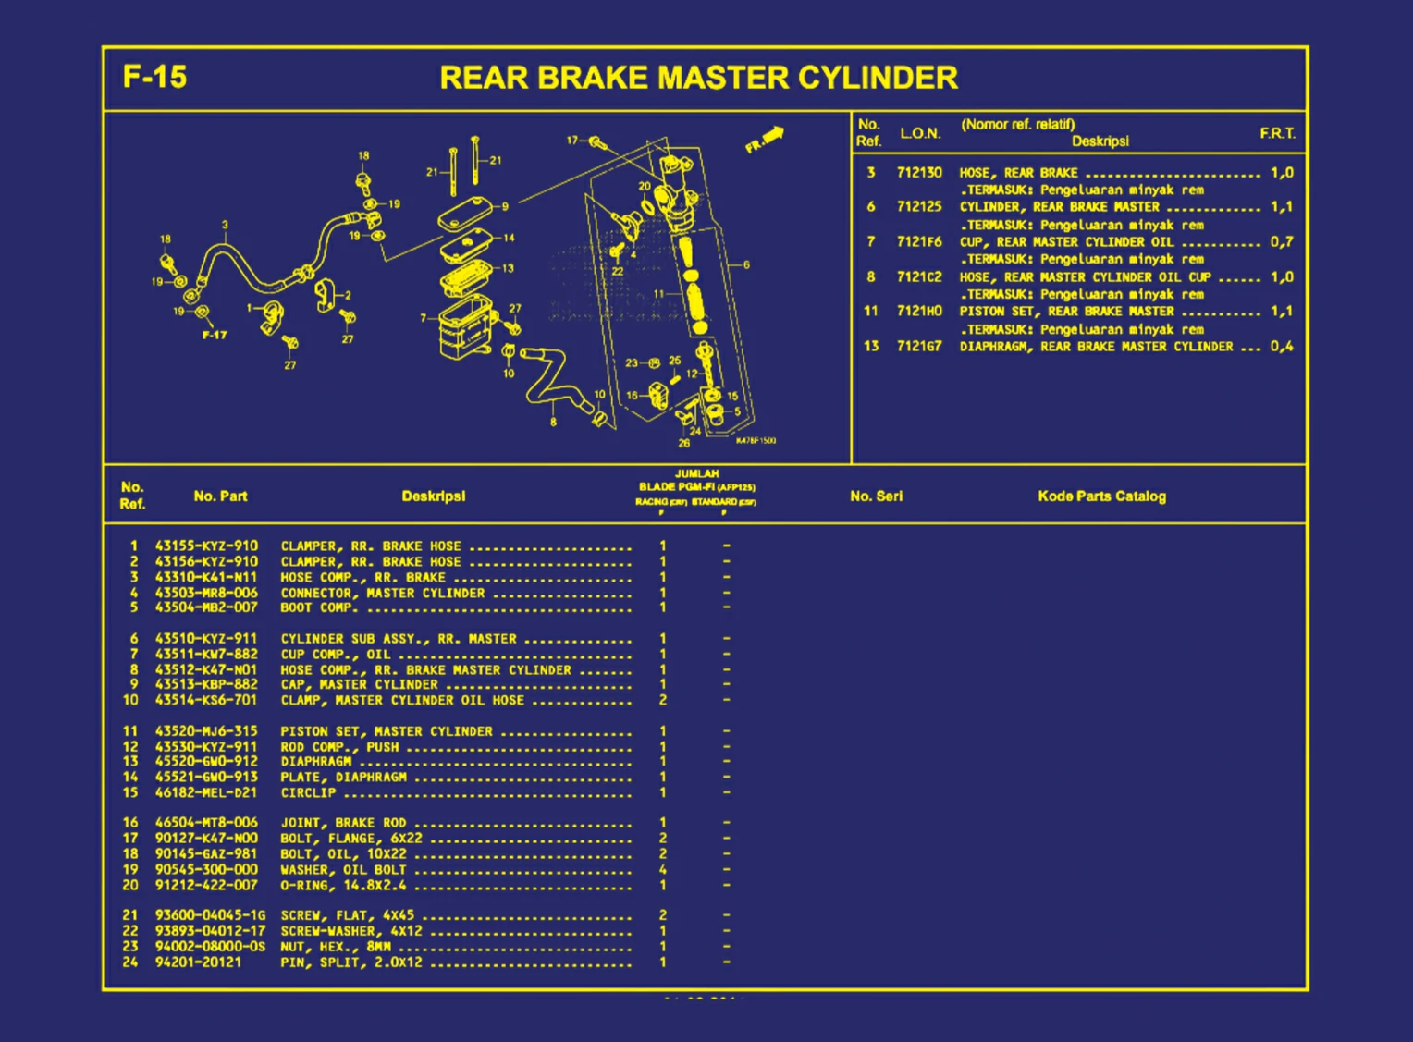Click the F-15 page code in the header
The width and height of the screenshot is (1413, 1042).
pos(154,76)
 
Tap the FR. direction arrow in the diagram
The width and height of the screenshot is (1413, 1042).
pos(765,140)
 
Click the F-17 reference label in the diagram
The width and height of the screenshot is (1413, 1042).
pos(215,335)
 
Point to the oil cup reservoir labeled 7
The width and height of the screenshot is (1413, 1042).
pos(467,327)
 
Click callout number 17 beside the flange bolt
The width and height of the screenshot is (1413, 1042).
pos(572,141)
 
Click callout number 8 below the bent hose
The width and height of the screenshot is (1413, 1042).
pos(553,422)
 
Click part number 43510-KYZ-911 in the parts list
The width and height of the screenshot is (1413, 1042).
pos(206,638)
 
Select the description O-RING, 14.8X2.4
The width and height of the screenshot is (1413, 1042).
pos(343,885)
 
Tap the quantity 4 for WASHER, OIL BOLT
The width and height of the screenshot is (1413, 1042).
pos(662,869)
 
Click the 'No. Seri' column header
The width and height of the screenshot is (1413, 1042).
pos(876,496)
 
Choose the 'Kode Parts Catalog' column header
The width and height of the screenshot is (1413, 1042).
pos(1101,496)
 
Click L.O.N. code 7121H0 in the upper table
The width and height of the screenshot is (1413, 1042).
pos(918,312)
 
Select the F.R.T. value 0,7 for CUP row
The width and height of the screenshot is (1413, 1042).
pos(1281,242)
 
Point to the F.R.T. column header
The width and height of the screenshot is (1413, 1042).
pos(1277,133)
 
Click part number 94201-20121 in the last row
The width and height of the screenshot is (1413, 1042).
pos(198,962)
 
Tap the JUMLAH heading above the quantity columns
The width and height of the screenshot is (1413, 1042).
pos(696,473)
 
